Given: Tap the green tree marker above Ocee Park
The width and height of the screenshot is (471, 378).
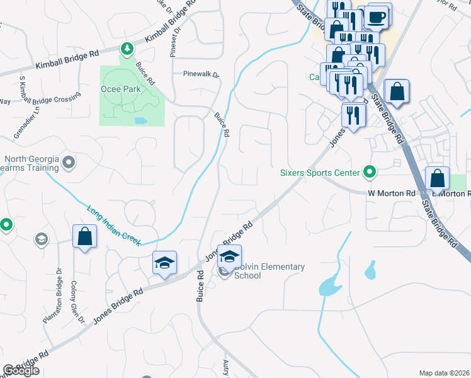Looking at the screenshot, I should [127, 48].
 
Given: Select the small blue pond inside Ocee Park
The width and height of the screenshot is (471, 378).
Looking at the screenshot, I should [140, 120].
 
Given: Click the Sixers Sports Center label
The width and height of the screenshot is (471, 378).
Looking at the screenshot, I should [320, 172].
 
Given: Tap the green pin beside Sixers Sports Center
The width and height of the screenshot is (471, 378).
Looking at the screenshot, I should [370, 171].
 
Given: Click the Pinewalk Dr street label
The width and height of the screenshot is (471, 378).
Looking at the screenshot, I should [201, 75].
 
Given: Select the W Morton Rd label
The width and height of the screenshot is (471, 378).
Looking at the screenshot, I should [391, 193].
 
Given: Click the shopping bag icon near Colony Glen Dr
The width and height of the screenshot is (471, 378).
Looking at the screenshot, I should [84, 237].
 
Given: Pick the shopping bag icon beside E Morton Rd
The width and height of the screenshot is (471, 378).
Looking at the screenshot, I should [437, 178].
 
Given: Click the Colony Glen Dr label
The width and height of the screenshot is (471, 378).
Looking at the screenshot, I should [77, 302].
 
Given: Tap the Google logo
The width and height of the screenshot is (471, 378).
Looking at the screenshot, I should [21, 370].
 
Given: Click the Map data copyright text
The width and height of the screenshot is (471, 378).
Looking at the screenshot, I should [445, 373].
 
